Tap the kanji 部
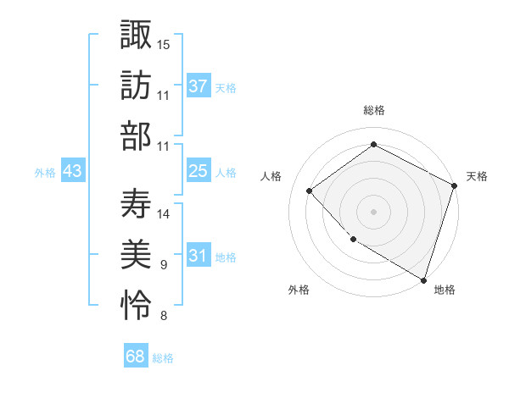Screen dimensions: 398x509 pyautogui.click(x=136, y=135)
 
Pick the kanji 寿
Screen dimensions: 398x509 pyautogui.click(x=136, y=202)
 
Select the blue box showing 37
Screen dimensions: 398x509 pyautogui.click(x=199, y=86)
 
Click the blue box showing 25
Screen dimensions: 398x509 pyautogui.click(x=199, y=171)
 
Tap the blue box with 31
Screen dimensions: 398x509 pyautogui.click(x=199, y=256)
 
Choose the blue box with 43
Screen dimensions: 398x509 pyautogui.click(x=73, y=171)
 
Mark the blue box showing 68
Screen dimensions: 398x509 pyautogui.click(x=136, y=357)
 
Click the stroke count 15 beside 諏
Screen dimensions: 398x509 pyautogui.click(x=164, y=43)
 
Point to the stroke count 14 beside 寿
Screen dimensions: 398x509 pyautogui.click(x=164, y=213)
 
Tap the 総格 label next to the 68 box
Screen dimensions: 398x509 pyautogui.click(x=163, y=358)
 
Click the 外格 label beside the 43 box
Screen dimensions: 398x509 pyautogui.click(x=45, y=173)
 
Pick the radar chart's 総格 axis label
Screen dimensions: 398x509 pyautogui.click(x=373, y=111)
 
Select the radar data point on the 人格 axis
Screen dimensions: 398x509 pyautogui.click(x=310, y=191)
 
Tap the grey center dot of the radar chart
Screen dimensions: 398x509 pyautogui.click(x=373, y=211)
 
